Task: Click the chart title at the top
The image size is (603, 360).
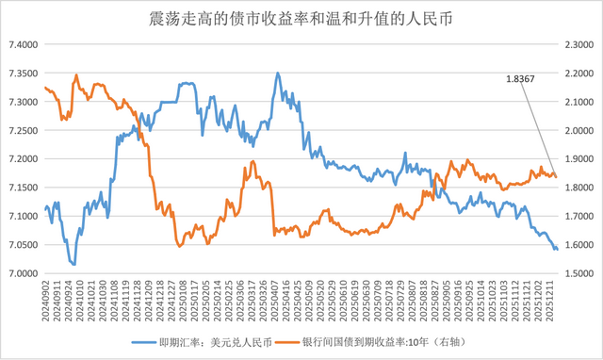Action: (x=301, y=17)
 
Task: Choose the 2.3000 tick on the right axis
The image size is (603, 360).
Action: (x=578, y=44)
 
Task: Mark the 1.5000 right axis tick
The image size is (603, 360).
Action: (x=578, y=274)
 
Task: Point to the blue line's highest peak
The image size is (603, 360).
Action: (x=277, y=74)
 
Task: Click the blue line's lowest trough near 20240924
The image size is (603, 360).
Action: (x=73, y=265)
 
